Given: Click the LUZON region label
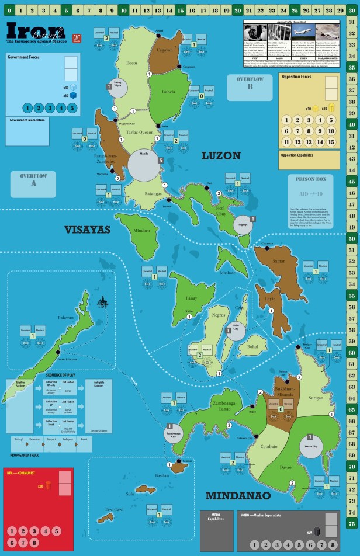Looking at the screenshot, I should [221, 155].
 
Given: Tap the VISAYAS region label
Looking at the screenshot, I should [88, 230].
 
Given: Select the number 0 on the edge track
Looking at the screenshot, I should [10, 11].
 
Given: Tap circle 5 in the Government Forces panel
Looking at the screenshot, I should [72, 108].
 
